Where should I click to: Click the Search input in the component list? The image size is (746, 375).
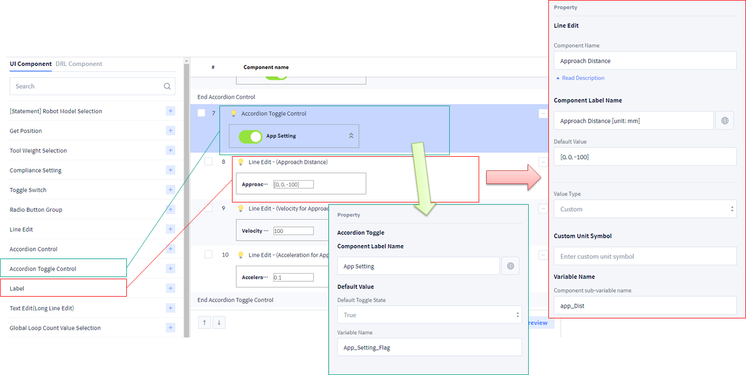[x=87, y=86]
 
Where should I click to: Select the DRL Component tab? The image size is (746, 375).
[x=79, y=64]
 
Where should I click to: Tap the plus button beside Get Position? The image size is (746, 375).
[x=170, y=131]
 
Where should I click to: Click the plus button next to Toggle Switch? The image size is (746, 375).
[x=170, y=190]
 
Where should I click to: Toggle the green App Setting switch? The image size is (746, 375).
[x=250, y=136]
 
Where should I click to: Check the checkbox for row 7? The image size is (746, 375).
[x=201, y=113]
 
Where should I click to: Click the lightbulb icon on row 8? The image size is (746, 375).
[x=241, y=162]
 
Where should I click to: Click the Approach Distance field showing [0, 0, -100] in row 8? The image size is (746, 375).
[x=293, y=185]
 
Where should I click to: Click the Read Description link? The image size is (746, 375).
[x=583, y=78]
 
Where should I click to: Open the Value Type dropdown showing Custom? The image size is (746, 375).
[x=645, y=209]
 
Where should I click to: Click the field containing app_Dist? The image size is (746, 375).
[x=645, y=306]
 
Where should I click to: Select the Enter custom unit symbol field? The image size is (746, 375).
[x=645, y=256]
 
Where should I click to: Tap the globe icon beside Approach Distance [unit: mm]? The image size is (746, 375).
[x=725, y=121]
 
